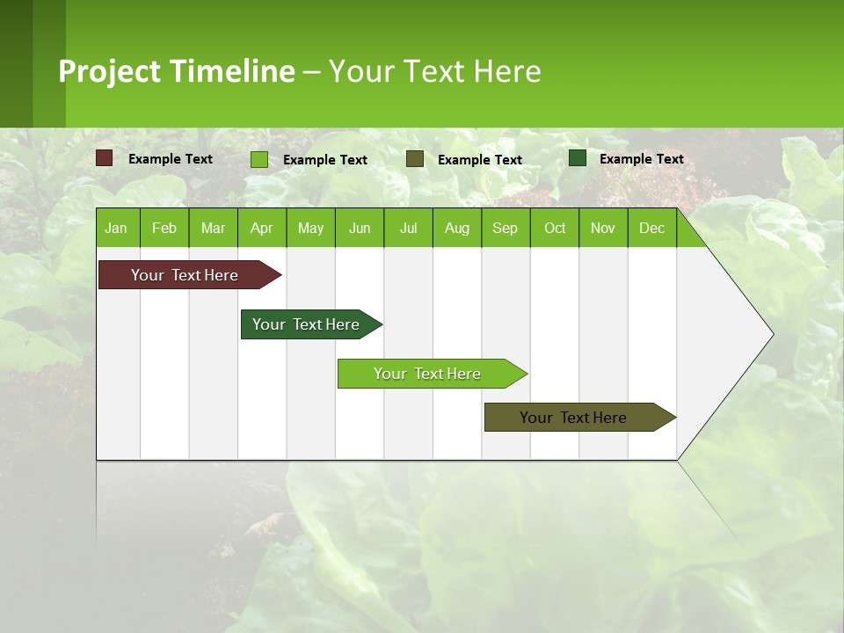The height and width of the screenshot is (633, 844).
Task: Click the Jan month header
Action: (116, 229)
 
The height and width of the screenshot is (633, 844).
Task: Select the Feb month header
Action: (164, 229)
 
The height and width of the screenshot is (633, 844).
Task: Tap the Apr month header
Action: (261, 229)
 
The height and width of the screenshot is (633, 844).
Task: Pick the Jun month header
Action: (360, 229)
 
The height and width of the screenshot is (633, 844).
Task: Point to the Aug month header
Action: (456, 229)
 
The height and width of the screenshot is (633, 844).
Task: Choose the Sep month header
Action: (505, 229)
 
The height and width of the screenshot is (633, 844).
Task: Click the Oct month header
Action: (555, 229)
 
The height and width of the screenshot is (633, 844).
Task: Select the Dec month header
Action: (651, 229)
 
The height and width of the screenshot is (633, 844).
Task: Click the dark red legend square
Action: (105, 158)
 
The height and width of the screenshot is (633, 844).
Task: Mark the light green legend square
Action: (259, 159)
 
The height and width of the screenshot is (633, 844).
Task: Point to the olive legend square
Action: (415, 159)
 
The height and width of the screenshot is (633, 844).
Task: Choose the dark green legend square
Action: (578, 158)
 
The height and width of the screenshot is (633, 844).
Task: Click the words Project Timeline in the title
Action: (177, 71)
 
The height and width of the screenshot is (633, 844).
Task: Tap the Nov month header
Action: (603, 229)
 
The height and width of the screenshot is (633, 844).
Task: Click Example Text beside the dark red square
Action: (171, 159)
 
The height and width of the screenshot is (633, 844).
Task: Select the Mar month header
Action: (213, 229)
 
